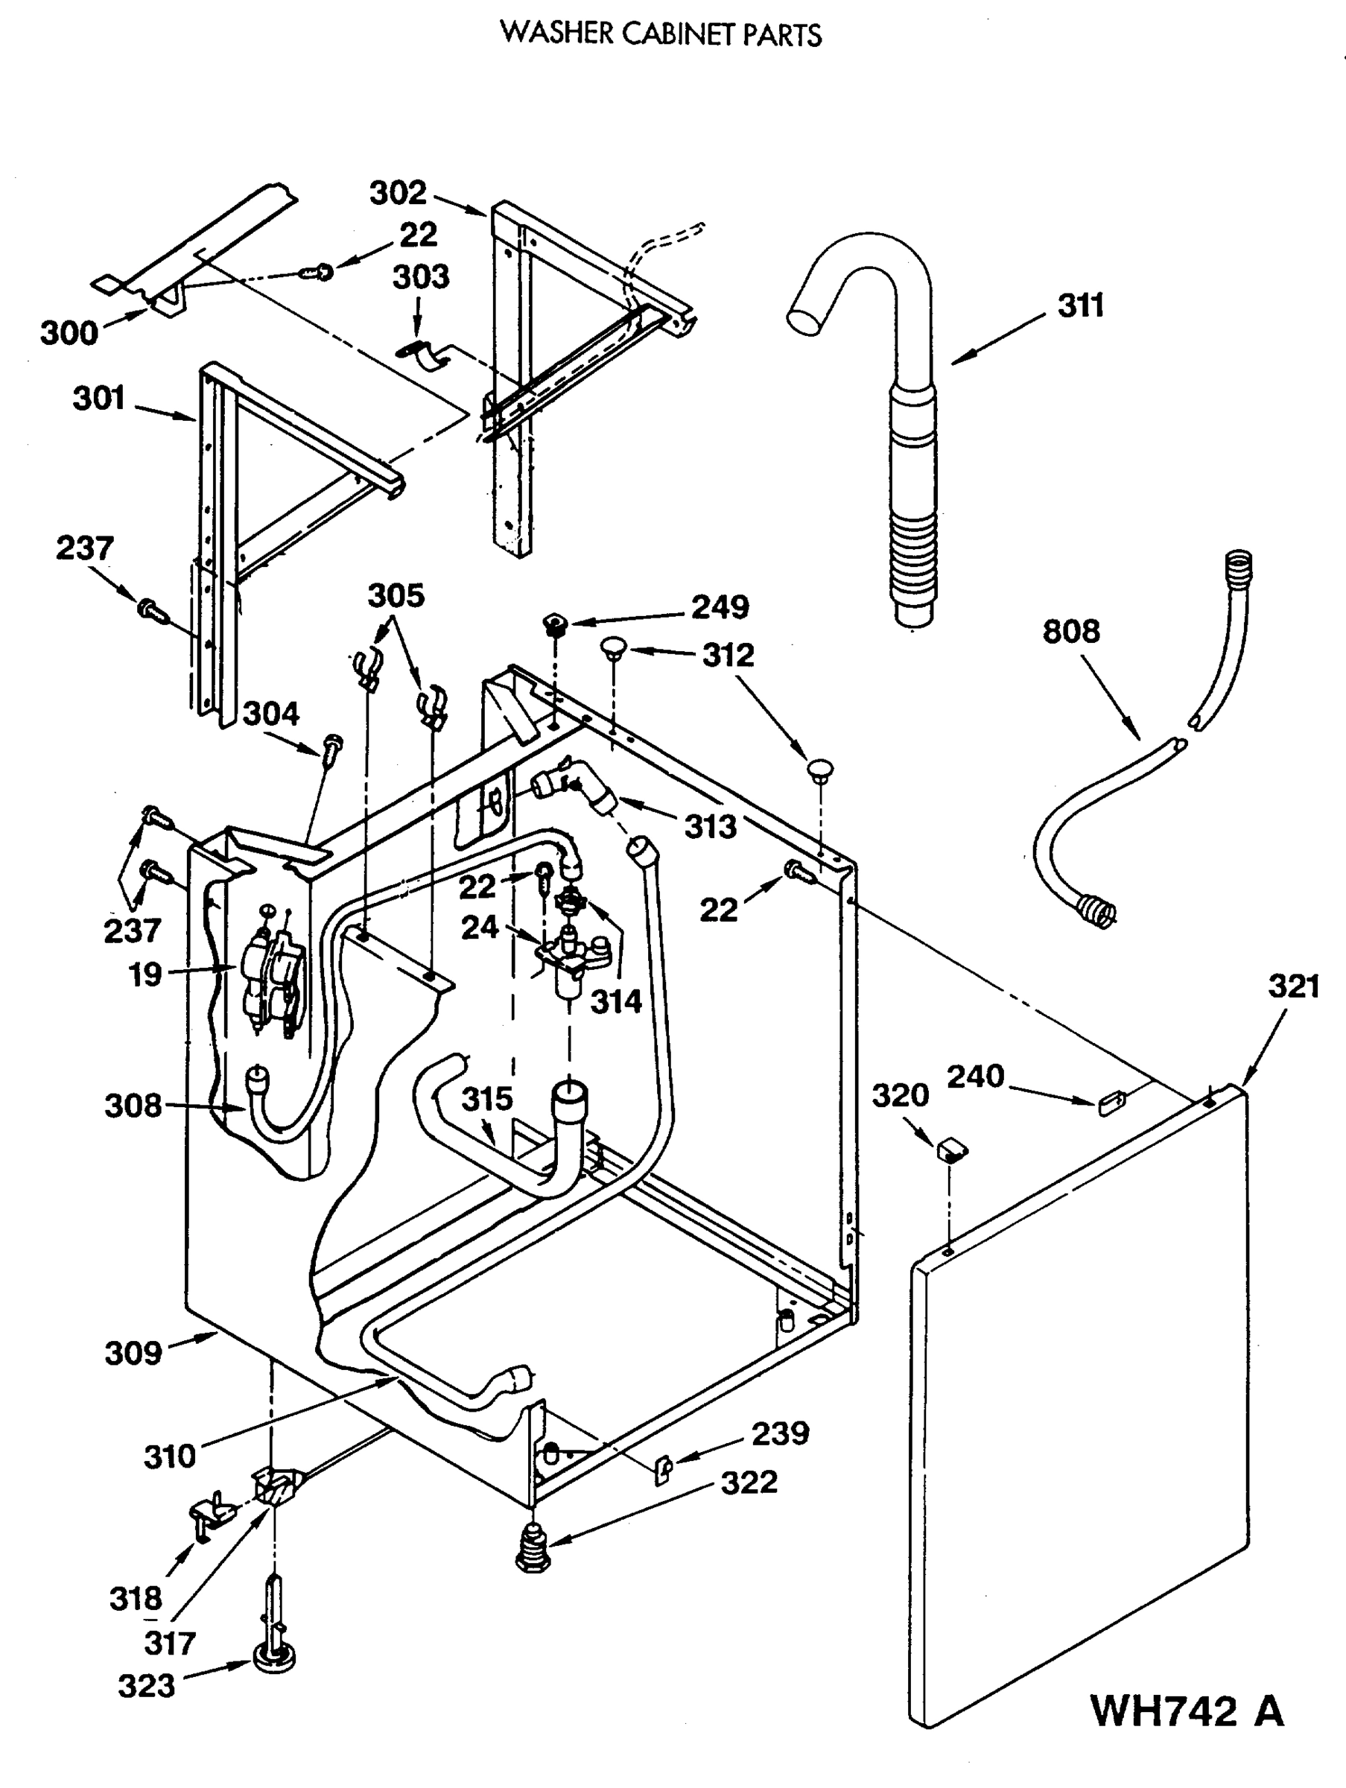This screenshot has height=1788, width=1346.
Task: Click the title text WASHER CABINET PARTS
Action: [x=661, y=35]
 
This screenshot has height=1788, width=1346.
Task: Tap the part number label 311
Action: [x=1081, y=306]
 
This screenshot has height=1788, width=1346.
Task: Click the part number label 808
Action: [x=1070, y=631]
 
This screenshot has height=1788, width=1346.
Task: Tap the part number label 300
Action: [x=69, y=333]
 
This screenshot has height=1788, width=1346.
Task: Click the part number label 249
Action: [x=720, y=607]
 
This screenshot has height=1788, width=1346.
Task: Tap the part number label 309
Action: [x=133, y=1353]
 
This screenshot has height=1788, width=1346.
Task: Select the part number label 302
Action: [x=398, y=193]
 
